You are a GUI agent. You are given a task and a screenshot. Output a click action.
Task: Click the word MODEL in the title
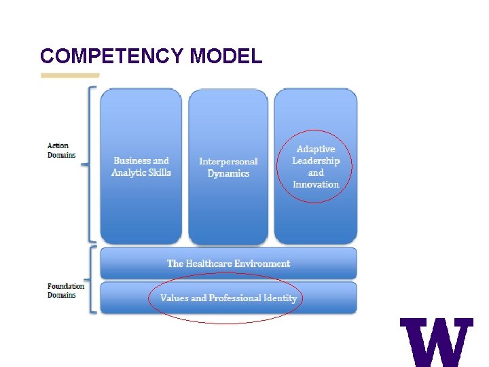[226, 56]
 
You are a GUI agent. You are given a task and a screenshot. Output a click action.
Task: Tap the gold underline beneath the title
[70, 75]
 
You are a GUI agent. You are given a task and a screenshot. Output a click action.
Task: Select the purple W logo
[436, 342]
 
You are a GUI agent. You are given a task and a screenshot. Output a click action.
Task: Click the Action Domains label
[59, 150]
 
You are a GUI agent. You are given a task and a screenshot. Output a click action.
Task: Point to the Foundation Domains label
[66, 291]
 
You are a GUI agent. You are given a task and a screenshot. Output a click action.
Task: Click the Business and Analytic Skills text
[141, 167]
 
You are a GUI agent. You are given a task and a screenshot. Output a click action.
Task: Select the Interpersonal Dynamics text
[228, 167]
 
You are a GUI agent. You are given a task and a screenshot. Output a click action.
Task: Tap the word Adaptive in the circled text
[316, 149]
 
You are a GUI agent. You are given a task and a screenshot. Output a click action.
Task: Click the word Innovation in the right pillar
[316, 184]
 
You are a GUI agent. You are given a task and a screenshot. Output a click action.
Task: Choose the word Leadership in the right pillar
[316, 160]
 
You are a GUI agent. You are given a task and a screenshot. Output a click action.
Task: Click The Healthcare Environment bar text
[228, 264]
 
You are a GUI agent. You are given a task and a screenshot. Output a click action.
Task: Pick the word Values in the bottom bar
[175, 298]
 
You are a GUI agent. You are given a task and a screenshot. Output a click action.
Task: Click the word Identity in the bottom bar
[280, 298]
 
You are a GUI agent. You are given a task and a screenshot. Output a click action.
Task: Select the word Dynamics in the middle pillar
[228, 173]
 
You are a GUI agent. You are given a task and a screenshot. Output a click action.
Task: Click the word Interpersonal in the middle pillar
[228, 161]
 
